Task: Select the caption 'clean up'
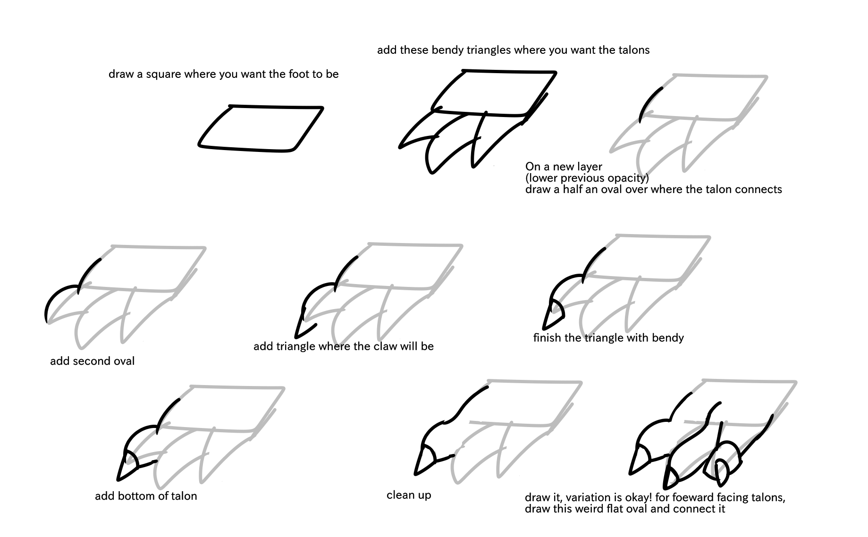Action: (409, 495)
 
